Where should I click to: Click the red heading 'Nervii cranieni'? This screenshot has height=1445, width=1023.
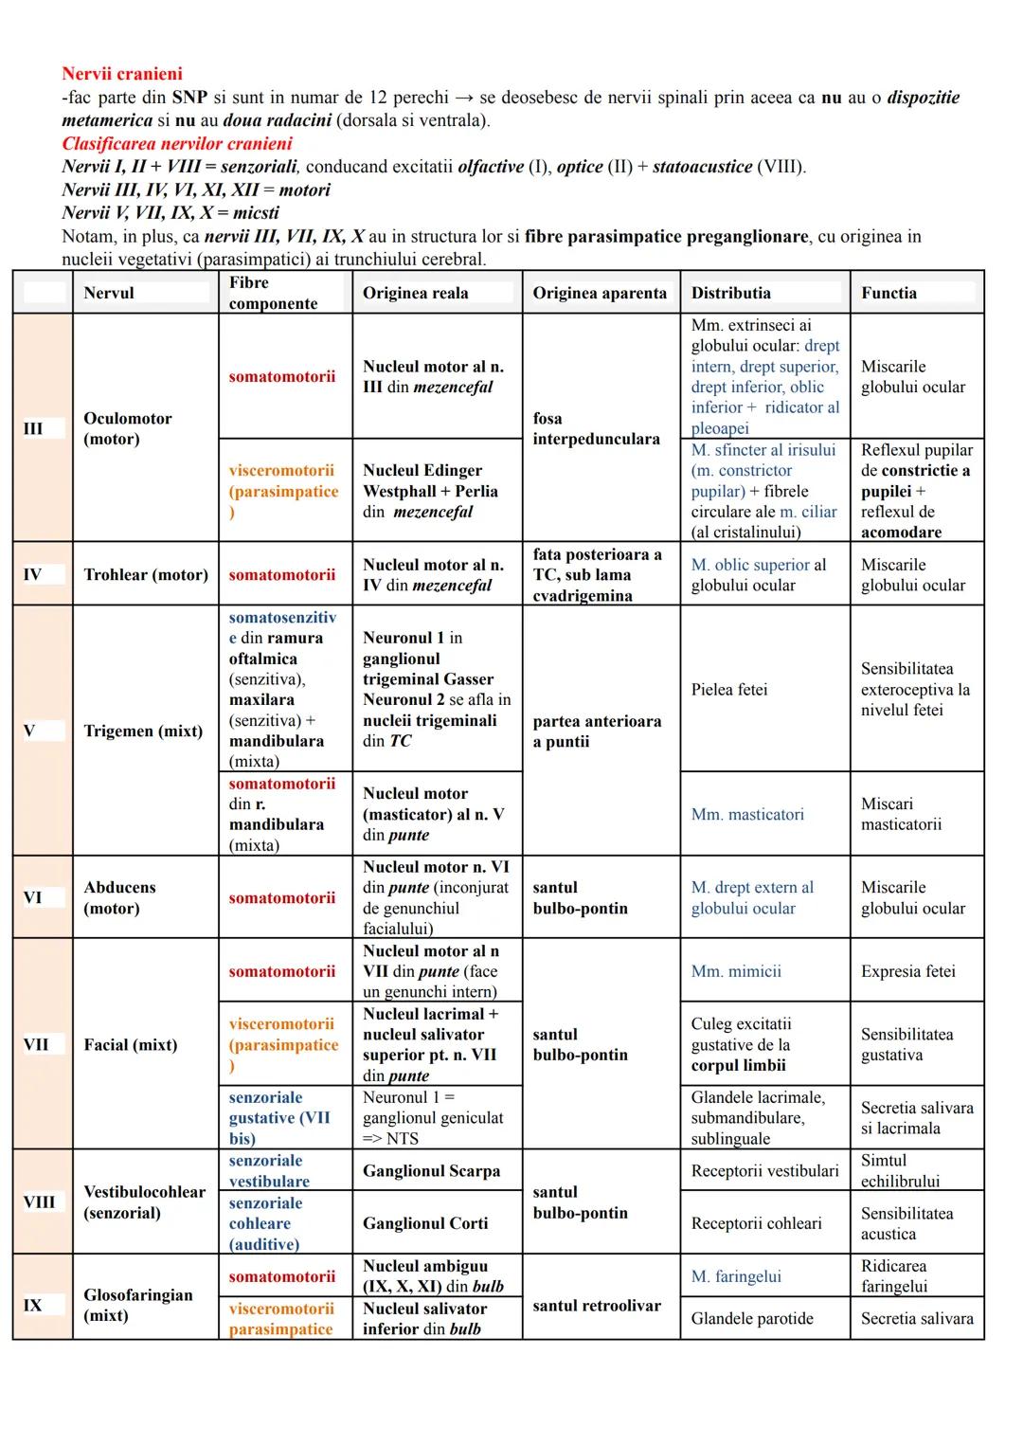(x=122, y=74)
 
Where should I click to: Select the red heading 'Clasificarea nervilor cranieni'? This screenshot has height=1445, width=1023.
(x=177, y=144)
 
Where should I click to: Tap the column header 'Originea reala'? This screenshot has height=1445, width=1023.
(x=415, y=293)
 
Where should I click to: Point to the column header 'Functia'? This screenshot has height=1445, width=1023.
(x=888, y=293)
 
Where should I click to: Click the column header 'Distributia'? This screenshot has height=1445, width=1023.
(x=730, y=293)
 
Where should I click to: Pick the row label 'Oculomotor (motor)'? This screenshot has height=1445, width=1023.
(x=128, y=428)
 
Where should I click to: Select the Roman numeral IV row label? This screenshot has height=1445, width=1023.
(x=32, y=574)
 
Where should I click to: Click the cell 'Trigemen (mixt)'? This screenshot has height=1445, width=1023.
(x=143, y=731)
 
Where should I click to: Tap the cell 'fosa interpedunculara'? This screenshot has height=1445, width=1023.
(x=596, y=428)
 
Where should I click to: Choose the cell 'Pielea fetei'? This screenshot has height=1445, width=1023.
(x=729, y=690)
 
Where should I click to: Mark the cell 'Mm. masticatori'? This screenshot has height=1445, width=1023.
(x=747, y=814)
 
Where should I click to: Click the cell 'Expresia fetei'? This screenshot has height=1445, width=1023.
(x=907, y=971)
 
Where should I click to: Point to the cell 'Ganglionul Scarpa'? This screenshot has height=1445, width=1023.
(x=431, y=1171)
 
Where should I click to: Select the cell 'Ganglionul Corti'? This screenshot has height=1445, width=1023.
(x=425, y=1223)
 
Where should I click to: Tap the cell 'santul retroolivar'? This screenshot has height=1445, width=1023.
(x=597, y=1306)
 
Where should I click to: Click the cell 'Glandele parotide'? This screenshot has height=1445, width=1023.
(x=752, y=1318)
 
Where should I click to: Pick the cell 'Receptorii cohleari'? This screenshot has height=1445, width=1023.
(x=756, y=1223)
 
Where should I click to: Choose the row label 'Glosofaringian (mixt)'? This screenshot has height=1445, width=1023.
(x=138, y=1305)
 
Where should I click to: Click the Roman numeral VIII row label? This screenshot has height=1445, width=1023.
(x=39, y=1201)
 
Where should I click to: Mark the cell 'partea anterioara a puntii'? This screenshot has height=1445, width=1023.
(x=597, y=731)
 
